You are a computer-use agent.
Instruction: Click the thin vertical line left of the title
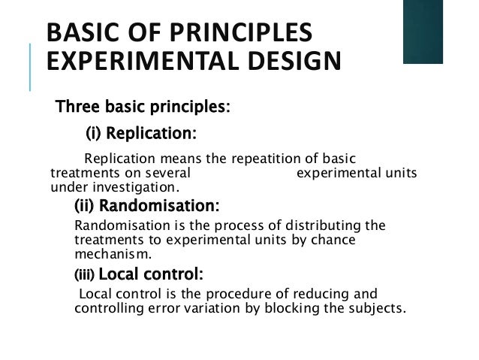32,68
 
